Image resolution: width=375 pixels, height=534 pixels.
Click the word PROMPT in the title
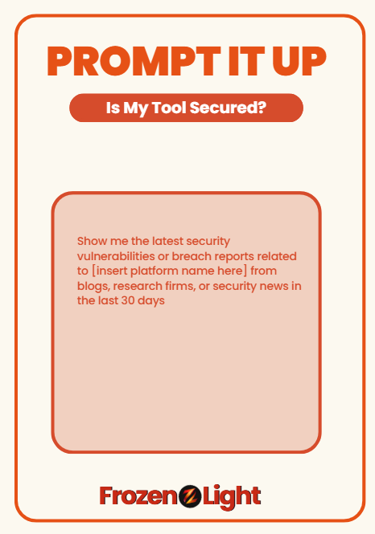pyautogui.click(x=134, y=60)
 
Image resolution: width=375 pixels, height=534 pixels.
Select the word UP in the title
pyautogui.click(x=299, y=60)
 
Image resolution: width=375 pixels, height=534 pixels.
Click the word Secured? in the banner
pyautogui.click(x=228, y=108)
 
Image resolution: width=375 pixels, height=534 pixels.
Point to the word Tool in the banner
pyautogui.click(x=169, y=108)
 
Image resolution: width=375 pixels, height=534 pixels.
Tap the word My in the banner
pyautogui.click(x=136, y=108)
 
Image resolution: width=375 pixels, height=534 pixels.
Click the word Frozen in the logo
pyautogui.click(x=138, y=495)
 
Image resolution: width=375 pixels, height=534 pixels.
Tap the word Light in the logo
pyautogui.click(x=232, y=496)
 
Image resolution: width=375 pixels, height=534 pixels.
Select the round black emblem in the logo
pyautogui.click(x=190, y=496)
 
